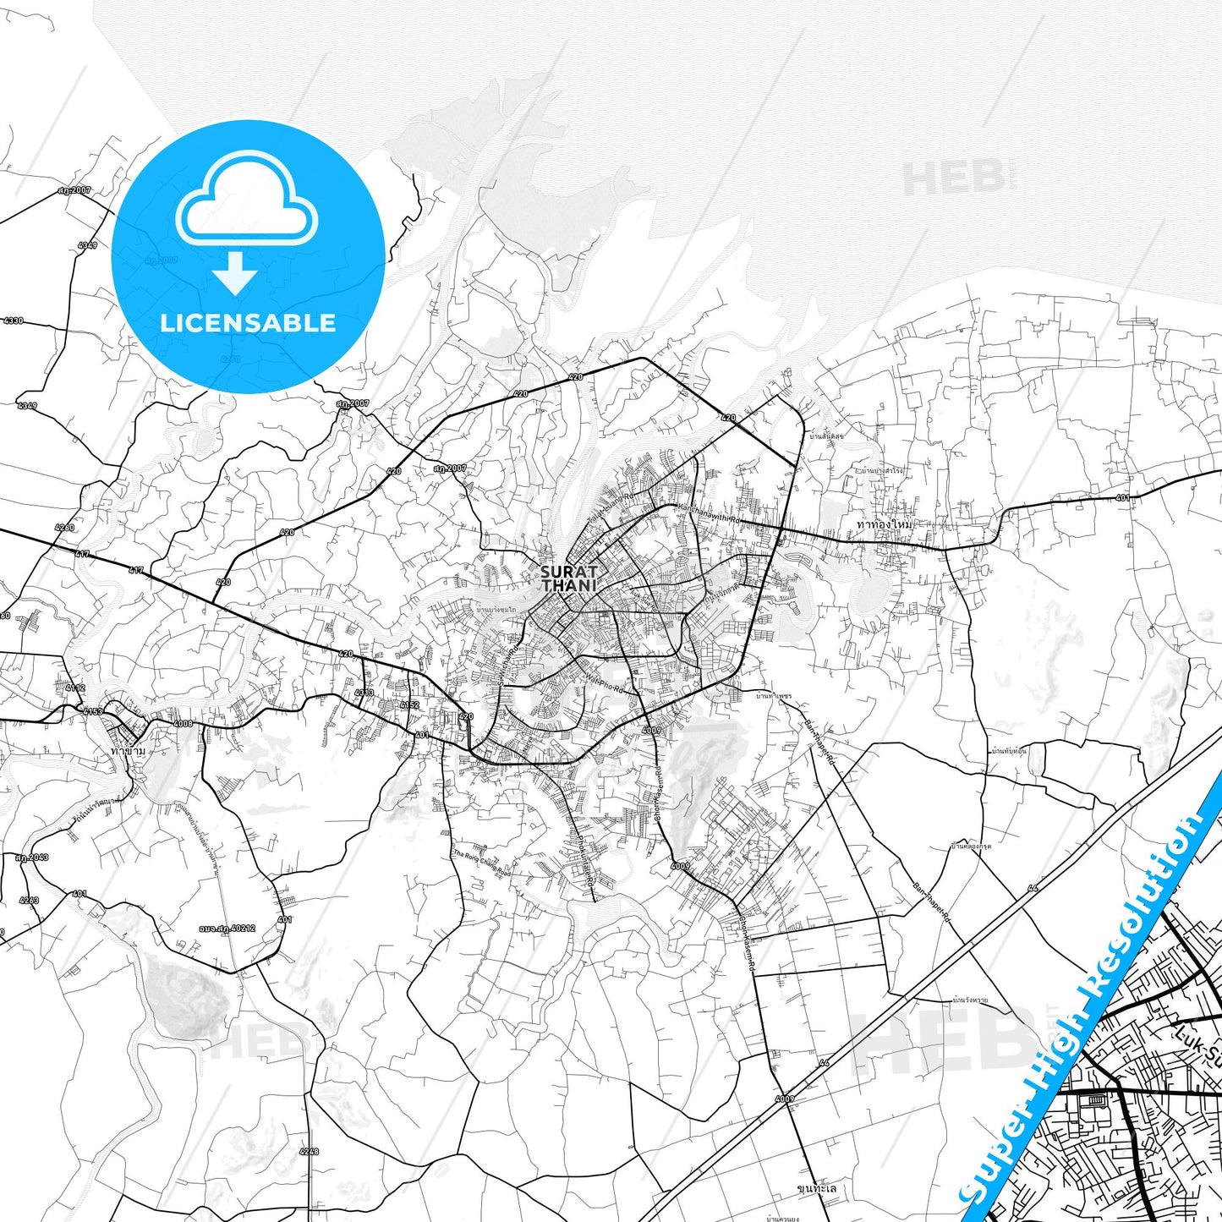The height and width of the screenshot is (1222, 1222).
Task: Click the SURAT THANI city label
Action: (x=569, y=578)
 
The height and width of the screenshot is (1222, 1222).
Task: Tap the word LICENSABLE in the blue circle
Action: (x=248, y=322)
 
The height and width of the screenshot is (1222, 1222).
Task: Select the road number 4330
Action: (x=14, y=321)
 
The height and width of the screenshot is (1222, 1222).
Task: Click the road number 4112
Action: (x=75, y=688)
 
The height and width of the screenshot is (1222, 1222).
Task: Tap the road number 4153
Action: (x=93, y=712)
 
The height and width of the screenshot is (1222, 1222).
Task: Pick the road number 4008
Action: (x=183, y=724)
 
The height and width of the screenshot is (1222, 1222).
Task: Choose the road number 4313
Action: (x=364, y=693)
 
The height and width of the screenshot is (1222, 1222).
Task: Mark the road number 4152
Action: (x=409, y=704)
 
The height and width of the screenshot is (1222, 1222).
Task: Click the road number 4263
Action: (x=29, y=900)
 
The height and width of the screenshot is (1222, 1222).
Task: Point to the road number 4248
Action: (x=310, y=1151)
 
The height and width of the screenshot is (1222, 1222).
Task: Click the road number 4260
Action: (x=64, y=528)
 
